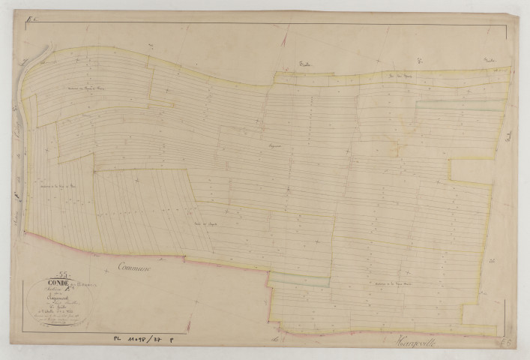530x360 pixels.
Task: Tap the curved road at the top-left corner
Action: (x=37, y=57)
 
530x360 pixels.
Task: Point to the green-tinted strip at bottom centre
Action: (x=300, y=280)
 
